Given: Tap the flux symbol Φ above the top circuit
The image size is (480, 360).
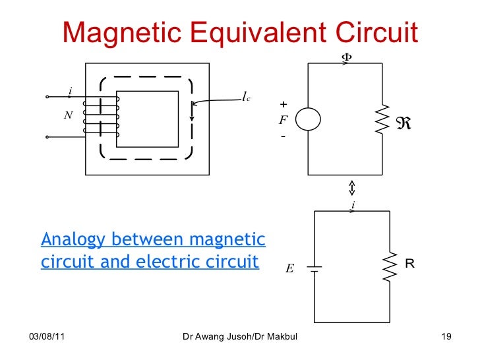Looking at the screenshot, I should click(x=345, y=57).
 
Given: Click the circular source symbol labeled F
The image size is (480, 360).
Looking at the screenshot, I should click(x=308, y=119).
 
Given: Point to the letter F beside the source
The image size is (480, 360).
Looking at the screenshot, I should click(x=283, y=120).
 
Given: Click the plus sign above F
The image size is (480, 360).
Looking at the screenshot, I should click(x=284, y=105).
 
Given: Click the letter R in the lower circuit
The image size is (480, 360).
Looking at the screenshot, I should click(x=409, y=264).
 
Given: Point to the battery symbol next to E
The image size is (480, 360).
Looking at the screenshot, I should click(x=315, y=268).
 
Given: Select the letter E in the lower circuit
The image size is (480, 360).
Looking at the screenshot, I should click(x=289, y=268).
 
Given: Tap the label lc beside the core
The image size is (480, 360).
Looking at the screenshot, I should click(x=245, y=98).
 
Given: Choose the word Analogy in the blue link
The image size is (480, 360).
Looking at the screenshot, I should click(x=73, y=239).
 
